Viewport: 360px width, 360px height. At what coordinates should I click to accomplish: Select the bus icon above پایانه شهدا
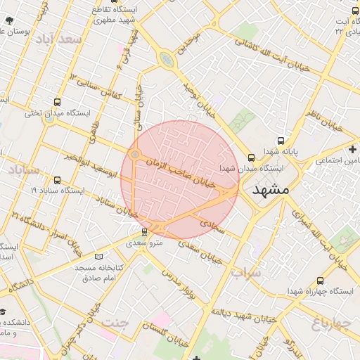[x=281, y=140]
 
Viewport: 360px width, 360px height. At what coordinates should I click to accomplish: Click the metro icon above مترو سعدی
[x=144, y=231]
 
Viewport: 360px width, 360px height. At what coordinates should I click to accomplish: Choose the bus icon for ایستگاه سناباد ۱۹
[x=56, y=179]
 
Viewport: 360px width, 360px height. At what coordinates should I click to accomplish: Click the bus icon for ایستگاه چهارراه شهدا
[x=321, y=280]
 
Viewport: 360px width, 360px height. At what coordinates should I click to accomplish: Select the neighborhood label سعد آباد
[x=61, y=39]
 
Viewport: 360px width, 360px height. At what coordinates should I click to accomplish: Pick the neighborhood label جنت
[x=116, y=323]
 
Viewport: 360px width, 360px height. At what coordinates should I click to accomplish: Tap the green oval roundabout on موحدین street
[x=167, y=60]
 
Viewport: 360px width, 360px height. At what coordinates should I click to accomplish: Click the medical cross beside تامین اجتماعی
[x=352, y=149]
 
